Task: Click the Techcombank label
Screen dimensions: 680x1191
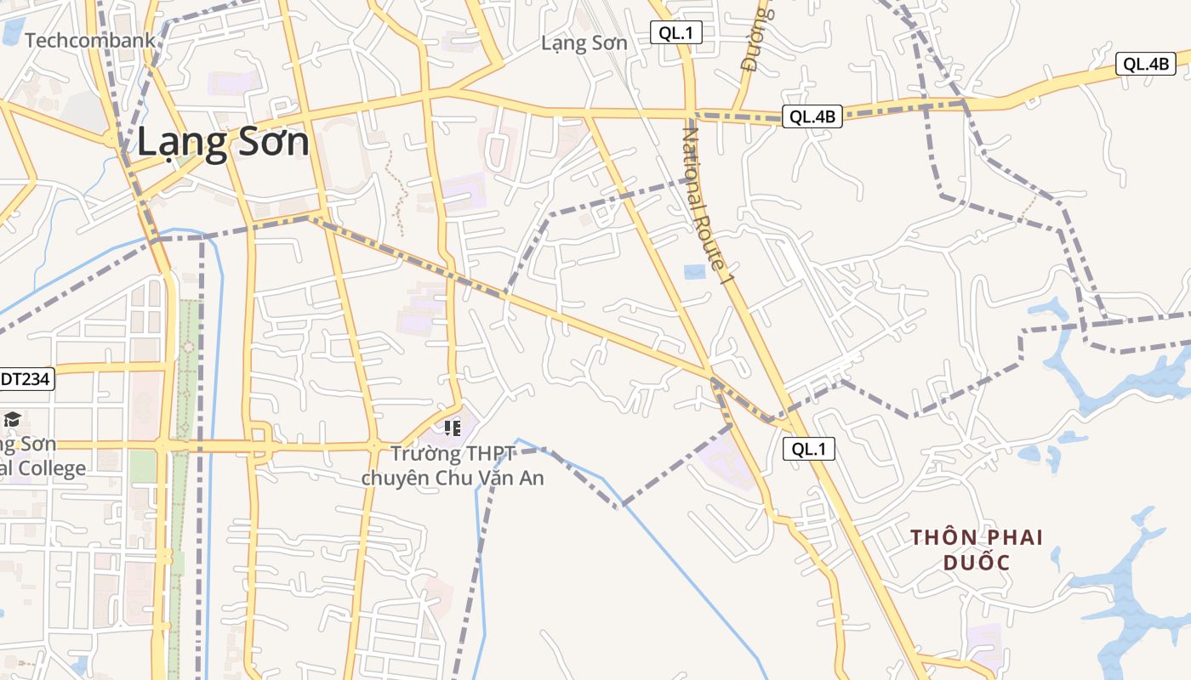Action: coord(90,40)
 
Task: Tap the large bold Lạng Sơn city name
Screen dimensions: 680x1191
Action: coord(223,142)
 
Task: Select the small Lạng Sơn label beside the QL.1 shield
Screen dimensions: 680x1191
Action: coord(584,43)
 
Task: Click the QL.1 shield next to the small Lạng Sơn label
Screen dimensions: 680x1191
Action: coord(676,33)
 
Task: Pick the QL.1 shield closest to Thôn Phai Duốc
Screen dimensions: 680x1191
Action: coord(808,449)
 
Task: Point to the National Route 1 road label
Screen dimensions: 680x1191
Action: coord(708,204)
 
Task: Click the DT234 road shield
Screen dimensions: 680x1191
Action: coord(26,379)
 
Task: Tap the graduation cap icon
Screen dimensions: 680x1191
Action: coord(12,419)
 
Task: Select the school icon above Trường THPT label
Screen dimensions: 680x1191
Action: coord(452,428)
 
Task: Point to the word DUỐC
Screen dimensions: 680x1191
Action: coord(976,563)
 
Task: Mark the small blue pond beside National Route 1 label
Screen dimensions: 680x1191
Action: coord(694,272)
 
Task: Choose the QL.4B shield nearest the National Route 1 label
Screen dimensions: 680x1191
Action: coord(812,117)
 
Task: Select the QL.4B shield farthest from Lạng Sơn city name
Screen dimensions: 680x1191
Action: coord(1145,64)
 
